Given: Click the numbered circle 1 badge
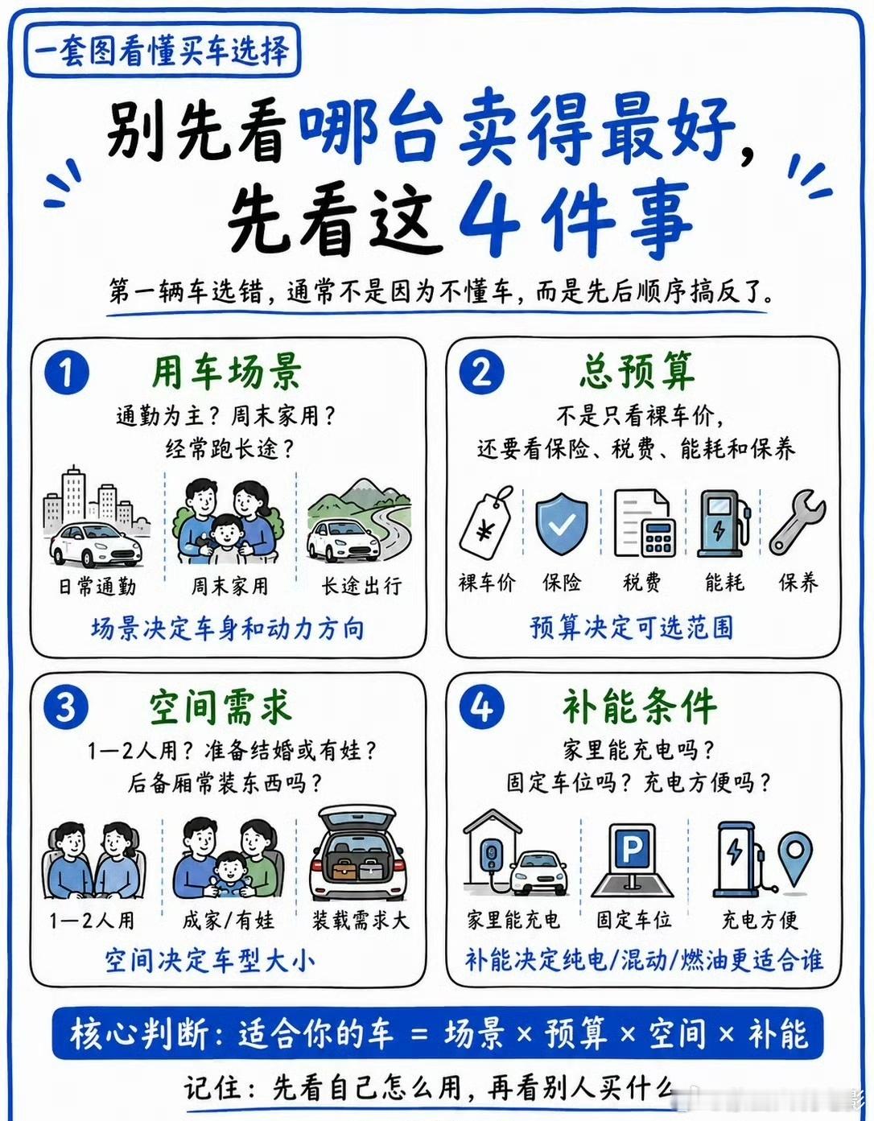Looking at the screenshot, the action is pos(67,373).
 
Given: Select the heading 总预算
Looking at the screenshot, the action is pos(637,372).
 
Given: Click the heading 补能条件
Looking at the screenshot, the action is pos(640,707).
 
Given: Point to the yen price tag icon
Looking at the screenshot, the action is pos(486,521).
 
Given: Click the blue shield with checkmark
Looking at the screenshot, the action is pos(562,522).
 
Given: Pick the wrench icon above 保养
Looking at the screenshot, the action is pos(797,522).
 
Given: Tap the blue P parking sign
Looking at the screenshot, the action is pos(633,850).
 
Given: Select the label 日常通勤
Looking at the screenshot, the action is pos(98,587).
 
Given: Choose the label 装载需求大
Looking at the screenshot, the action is pos(360,921).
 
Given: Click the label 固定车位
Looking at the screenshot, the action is pos(633,920).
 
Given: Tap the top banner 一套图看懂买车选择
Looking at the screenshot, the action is pos(163,51).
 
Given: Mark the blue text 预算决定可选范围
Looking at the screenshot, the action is pos(632,628).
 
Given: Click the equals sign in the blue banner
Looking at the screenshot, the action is pos(420,1032).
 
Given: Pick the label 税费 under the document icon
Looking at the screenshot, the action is pos(641,583).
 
